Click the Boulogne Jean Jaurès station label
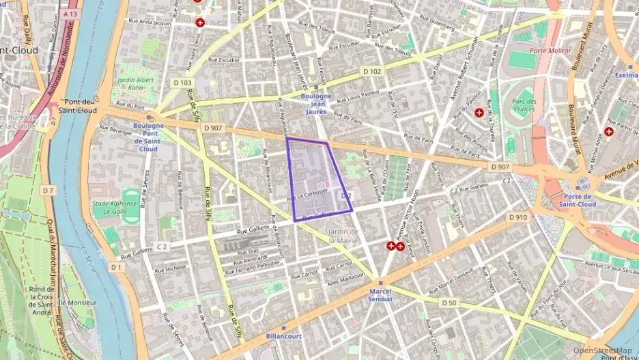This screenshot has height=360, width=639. (315, 103)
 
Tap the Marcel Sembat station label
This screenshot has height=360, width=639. (380, 294)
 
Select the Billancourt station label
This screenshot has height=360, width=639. (284, 336)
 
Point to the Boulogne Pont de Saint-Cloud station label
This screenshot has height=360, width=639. (148, 137)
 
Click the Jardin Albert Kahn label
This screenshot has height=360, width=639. (135, 84)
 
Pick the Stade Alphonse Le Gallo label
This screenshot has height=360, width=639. (112, 208)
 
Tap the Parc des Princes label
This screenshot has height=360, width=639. (524, 105)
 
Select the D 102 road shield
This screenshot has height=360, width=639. (372, 71)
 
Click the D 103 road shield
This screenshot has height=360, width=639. (183, 83)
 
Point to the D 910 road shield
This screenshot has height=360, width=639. (518, 217)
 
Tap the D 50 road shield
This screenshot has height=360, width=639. (449, 303)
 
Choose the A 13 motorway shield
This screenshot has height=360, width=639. (69, 14)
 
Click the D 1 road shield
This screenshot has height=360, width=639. (116, 267)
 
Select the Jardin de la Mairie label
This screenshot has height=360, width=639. (343, 236)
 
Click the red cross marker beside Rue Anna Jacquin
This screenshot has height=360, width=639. (200, 23)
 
